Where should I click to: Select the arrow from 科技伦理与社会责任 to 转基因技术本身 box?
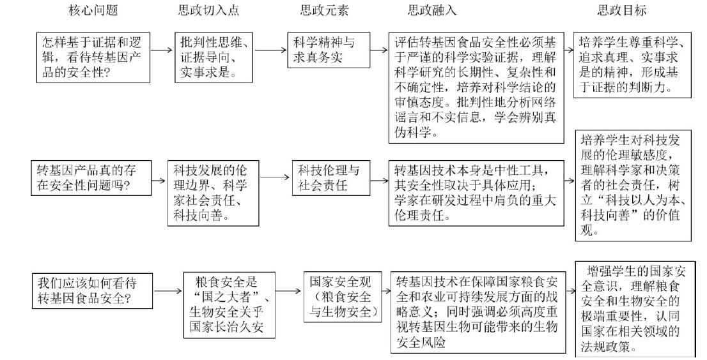[378, 179]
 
